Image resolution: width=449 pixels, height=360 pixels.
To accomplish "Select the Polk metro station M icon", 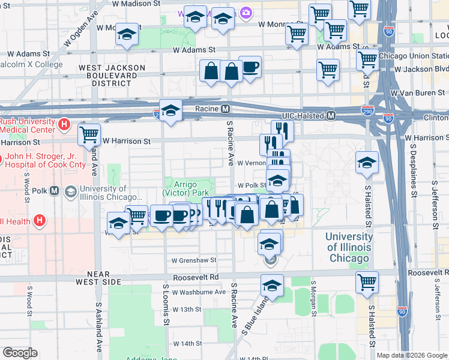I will pos(54,191).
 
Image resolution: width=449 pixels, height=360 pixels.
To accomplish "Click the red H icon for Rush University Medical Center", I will pos(64,125).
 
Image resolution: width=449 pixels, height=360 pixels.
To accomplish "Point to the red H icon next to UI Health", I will pos(40,221).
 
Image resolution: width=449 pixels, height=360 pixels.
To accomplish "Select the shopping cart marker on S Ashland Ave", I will pos(89,134).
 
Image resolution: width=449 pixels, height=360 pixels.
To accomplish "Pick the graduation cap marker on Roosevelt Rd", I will pos(272,286).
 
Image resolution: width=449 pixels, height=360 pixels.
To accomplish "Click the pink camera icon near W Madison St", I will pos(245,13).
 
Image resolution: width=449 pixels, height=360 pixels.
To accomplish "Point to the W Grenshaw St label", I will pos(193,261).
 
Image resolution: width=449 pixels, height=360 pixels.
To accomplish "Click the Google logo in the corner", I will pos(20,353).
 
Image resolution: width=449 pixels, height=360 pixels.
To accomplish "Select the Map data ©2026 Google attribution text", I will pos(411,355).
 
